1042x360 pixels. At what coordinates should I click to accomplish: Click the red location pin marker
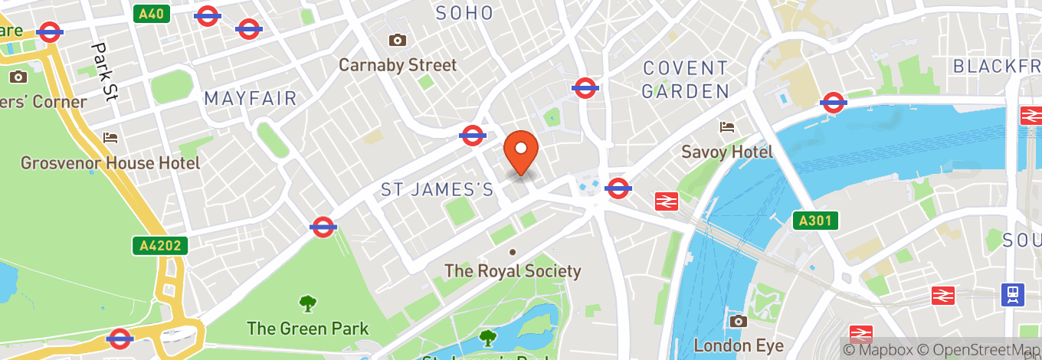521,151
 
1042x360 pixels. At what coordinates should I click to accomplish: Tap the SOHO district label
464,12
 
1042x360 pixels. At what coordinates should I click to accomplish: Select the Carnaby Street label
398,65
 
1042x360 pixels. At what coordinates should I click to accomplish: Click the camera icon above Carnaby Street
397,40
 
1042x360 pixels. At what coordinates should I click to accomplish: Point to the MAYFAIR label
251,99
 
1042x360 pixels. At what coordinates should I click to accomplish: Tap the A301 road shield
815,221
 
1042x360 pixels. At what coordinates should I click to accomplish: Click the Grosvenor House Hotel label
110,163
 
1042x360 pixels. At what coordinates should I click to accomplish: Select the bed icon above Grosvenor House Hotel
111,138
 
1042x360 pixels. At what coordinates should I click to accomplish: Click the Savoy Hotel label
727,152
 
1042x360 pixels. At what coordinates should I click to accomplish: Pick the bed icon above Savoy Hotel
727,126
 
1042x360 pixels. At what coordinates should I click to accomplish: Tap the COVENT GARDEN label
685,80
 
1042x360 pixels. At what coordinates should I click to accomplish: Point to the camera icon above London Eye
739,321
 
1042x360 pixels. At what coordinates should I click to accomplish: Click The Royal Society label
513,271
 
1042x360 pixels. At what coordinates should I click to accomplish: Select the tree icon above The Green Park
308,303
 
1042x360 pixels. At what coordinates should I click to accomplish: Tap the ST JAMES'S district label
437,190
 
